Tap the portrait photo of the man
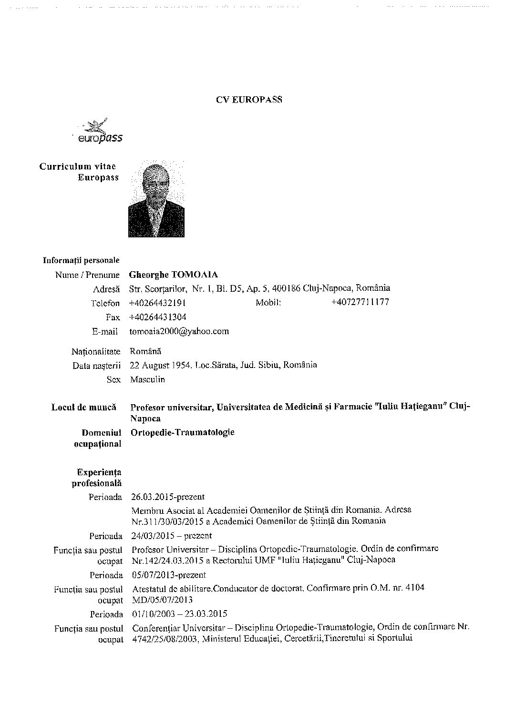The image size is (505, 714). pos(156,199)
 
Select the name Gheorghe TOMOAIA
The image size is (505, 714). pos(174,275)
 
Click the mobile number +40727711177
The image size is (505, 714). pos(360,302)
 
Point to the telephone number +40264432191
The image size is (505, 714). pos(158,303)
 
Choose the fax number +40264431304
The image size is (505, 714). pos(158,317)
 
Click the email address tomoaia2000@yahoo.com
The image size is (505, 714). pos(179,331)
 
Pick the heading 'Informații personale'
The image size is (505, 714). pos(81,260)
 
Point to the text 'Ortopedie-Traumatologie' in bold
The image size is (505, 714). pos(183,433)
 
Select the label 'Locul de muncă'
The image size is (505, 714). pos(84,407)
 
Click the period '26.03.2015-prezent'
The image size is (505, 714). pos(168,497)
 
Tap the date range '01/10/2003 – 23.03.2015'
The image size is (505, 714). pos(179,613)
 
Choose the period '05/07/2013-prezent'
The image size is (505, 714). pos(169,575)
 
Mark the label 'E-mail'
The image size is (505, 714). pos(105,331)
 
